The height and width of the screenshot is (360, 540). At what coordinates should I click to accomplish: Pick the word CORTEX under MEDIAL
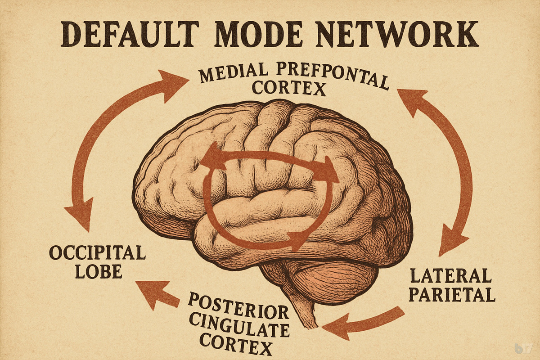288,89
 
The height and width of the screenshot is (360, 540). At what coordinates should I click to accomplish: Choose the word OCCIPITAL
97,253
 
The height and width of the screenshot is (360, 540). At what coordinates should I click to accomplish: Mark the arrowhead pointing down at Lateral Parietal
450,238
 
